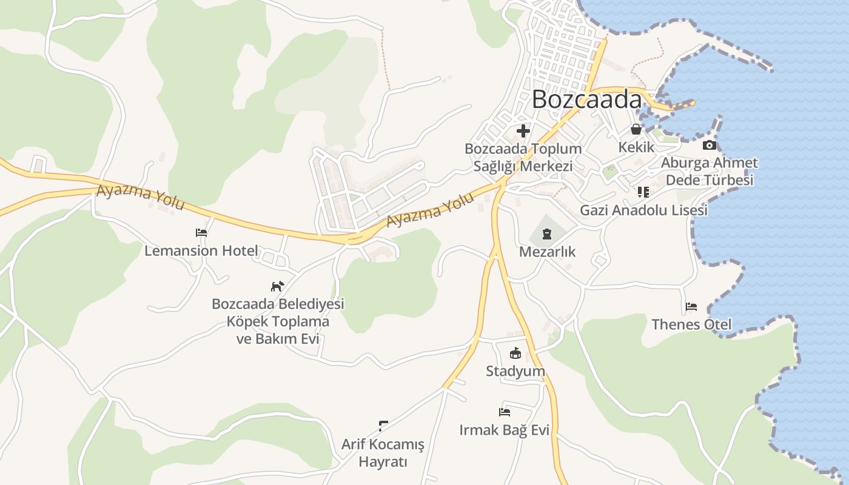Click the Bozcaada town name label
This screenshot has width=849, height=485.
click(586, 100)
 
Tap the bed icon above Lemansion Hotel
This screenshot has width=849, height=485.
click(201, 232)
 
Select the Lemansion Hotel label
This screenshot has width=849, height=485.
click(201, 250)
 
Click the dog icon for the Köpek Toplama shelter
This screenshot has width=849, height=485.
click(277, 286)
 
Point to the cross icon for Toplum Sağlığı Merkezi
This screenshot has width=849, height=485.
click(523, 130)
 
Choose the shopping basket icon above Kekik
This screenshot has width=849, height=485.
click(636, 129)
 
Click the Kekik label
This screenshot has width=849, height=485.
click(636, 147)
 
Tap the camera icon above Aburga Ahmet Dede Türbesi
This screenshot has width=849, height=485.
click(710, 145)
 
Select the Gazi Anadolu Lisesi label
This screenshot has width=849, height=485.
click(643, 210)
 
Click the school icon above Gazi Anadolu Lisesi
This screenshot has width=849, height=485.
click(643, 192)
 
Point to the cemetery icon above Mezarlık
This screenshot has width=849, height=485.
click(547, 233)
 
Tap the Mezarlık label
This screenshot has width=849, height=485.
click(547, 252)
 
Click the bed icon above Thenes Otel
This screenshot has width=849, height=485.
click(691, 306)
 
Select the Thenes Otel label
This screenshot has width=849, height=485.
click(691, 324)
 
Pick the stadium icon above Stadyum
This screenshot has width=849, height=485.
click(515, 353)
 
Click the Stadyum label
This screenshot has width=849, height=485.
click(515, 371)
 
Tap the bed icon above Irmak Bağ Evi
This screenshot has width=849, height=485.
click(505, 412)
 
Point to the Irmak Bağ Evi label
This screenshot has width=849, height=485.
click(505, 430)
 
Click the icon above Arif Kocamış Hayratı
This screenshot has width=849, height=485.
click(383, 426)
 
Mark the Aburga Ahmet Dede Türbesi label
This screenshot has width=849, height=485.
click(709, 172)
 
